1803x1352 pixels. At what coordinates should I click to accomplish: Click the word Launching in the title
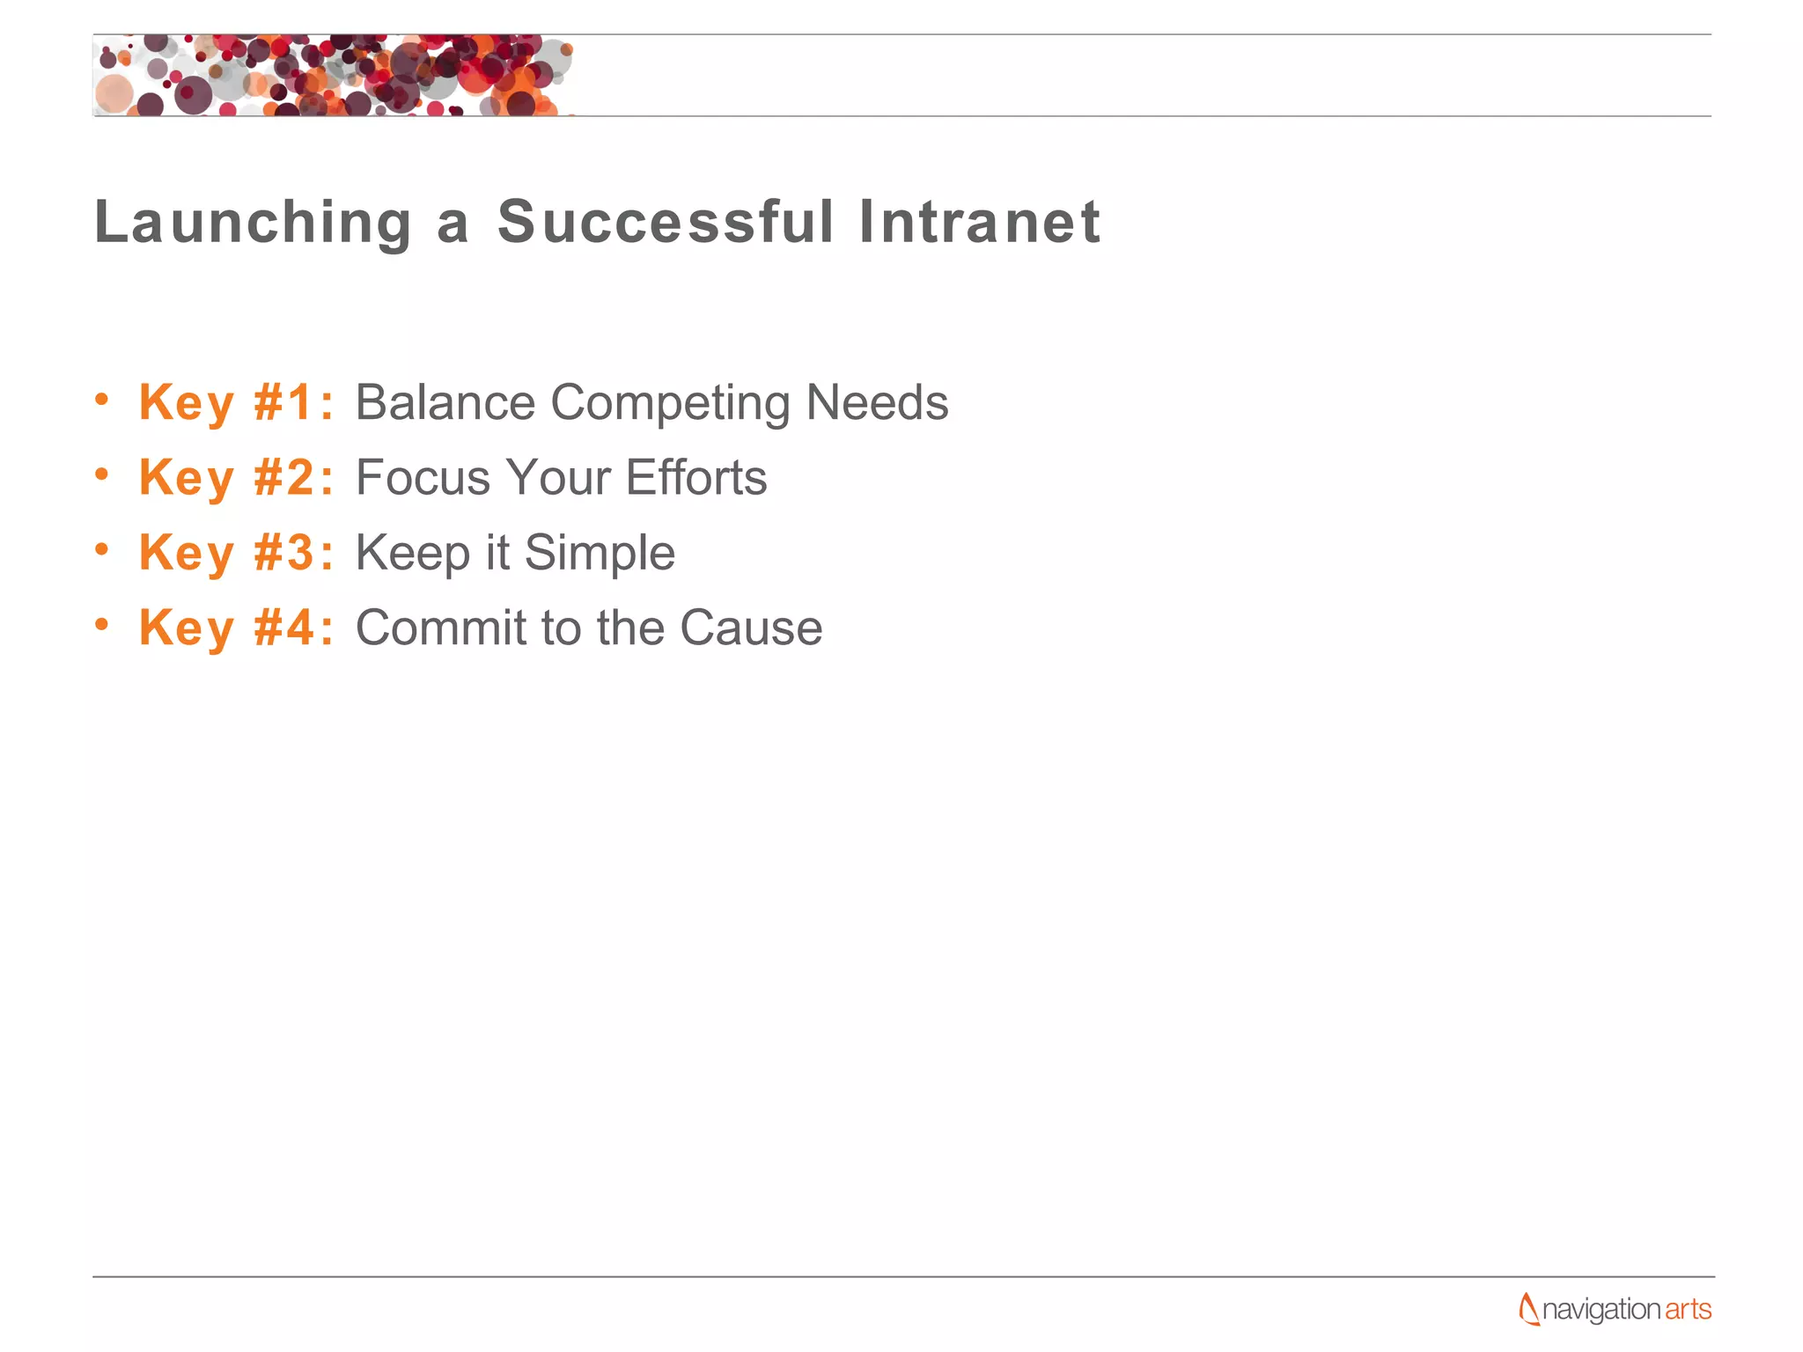click(x=253, y=222)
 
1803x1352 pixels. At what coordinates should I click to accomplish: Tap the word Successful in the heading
click(x=665, y=222)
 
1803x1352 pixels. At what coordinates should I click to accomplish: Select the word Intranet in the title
click(x=979, y=222)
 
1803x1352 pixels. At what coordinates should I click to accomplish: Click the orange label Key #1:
click(x=236, y=403)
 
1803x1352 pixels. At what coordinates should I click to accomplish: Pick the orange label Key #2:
click(x=236, y=478)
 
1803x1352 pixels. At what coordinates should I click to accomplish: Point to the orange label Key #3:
click(x=236, y=553)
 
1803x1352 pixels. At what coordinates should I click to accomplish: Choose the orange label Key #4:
click(x=236, y=628)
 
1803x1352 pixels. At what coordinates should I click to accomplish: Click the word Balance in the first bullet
click(x=445, y=403)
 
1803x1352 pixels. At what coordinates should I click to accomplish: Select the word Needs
click(x=877, y=403)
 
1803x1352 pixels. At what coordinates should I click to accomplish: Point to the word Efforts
click(x=695, y=478)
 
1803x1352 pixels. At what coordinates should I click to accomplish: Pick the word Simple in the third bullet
click(x=600, y=555)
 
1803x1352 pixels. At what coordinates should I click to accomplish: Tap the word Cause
click(x=750, y=628)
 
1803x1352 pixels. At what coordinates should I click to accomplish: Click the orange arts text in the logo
click(x=1688, y=1309)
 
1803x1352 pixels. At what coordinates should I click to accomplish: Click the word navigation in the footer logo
click(x=1601, y=1310)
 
